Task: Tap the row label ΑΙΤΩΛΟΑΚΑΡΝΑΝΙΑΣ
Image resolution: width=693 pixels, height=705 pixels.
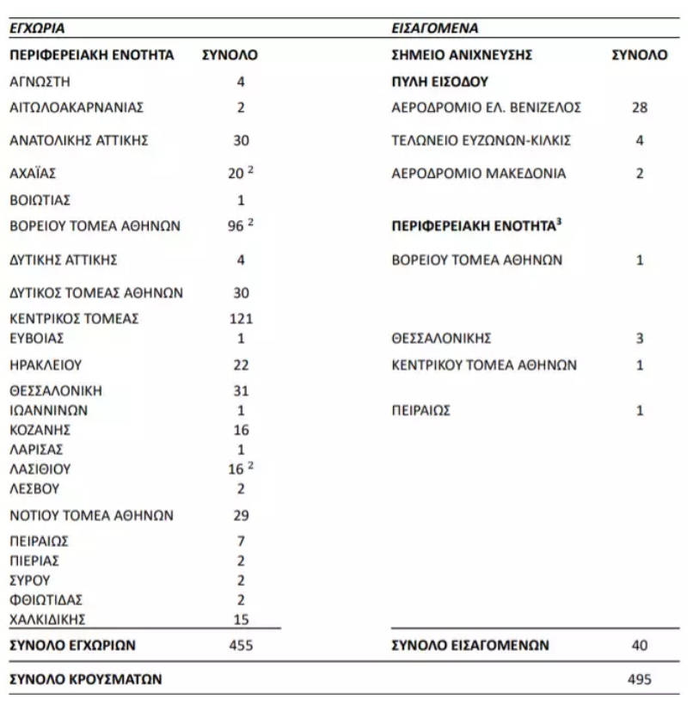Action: coord(77,107)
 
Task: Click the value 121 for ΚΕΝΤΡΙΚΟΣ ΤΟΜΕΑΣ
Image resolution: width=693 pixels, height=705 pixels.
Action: coord(240,319)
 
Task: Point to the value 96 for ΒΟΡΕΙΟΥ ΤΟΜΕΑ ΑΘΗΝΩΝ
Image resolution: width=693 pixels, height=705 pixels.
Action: coord(235,227)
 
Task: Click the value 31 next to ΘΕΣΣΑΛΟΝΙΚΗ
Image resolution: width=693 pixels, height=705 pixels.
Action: coord(241,391)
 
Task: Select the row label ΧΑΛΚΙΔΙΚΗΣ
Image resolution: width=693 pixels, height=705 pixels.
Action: coord(47,619)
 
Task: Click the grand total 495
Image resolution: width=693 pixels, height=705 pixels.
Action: coord(639,679)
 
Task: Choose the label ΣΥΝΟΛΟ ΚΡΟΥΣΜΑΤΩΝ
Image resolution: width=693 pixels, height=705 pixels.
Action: coord(86,679)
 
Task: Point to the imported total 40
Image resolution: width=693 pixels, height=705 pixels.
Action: coord(639,645)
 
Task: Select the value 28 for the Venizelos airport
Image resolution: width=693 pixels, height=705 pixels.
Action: coord(639,107)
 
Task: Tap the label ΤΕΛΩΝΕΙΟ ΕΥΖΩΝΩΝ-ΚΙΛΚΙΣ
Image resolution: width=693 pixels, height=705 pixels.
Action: coord(481,140)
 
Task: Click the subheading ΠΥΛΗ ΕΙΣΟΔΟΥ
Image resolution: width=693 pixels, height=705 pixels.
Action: coord(439,83)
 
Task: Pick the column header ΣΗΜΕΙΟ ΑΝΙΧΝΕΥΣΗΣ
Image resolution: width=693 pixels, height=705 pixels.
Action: coord(462,55)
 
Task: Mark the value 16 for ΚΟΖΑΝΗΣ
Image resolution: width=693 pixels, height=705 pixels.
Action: coord(241,430)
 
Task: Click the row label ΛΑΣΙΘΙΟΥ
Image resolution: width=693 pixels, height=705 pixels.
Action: coord(40,469)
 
